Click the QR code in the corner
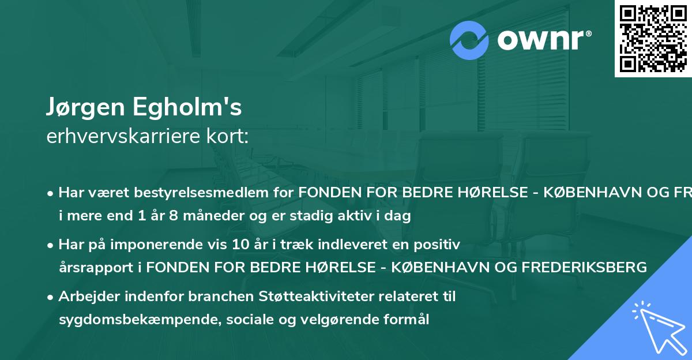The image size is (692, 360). click(x=653, y=39)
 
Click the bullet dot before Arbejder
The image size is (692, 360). click(x=51, y=297)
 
